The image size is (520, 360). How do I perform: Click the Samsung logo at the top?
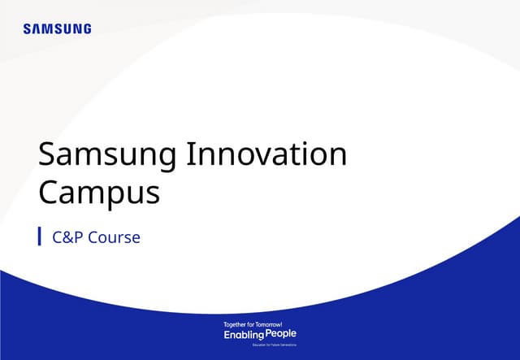(x=57, y=29)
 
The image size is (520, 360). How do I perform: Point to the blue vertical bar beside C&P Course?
(x=40, y=236)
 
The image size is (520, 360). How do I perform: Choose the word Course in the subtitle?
(x=114, y=238)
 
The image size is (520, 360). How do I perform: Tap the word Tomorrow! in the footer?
(x=268, y=324)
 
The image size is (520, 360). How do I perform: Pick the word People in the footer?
(x=281, y=334)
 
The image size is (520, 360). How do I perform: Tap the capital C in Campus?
(x=50, y=194)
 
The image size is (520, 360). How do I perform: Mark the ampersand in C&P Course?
(x=68, y=238)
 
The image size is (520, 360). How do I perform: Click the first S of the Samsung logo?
(x=27, y=29)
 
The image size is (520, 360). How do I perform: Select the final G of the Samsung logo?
(x=87, y=29)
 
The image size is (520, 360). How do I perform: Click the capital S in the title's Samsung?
(x=49, y=154)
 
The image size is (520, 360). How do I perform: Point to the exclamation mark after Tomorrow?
(x=281, y=324)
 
